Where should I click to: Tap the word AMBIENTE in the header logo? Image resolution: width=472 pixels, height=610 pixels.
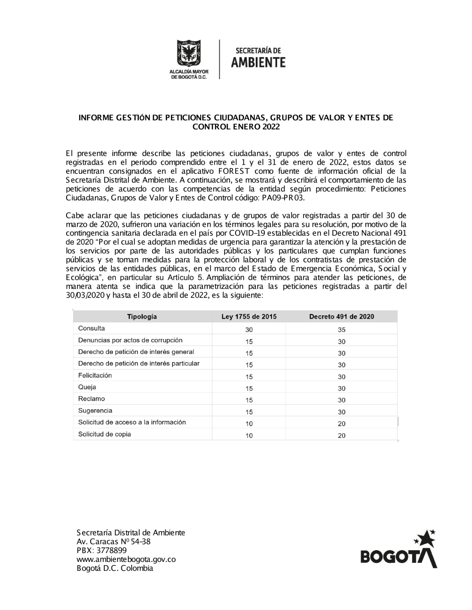258,62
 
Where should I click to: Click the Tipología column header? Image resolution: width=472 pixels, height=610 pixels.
142,317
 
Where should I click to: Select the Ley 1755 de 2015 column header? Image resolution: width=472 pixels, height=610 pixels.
249,317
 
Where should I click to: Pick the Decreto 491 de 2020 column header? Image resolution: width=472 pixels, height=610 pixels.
341,317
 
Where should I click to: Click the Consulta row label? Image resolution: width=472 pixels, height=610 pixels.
92,329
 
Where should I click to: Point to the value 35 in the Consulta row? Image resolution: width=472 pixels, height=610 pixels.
342,330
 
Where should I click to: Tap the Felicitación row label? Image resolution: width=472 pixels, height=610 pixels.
95,376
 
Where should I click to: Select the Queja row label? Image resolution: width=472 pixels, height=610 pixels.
87,387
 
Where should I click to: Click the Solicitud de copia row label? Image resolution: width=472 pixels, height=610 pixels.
104,434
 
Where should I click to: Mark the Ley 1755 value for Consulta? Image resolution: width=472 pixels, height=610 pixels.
249,330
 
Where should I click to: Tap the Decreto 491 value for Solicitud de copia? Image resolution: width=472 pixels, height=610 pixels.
342,436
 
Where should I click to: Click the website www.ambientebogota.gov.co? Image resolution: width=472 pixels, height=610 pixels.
126,560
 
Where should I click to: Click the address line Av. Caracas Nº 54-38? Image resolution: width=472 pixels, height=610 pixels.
113,542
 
